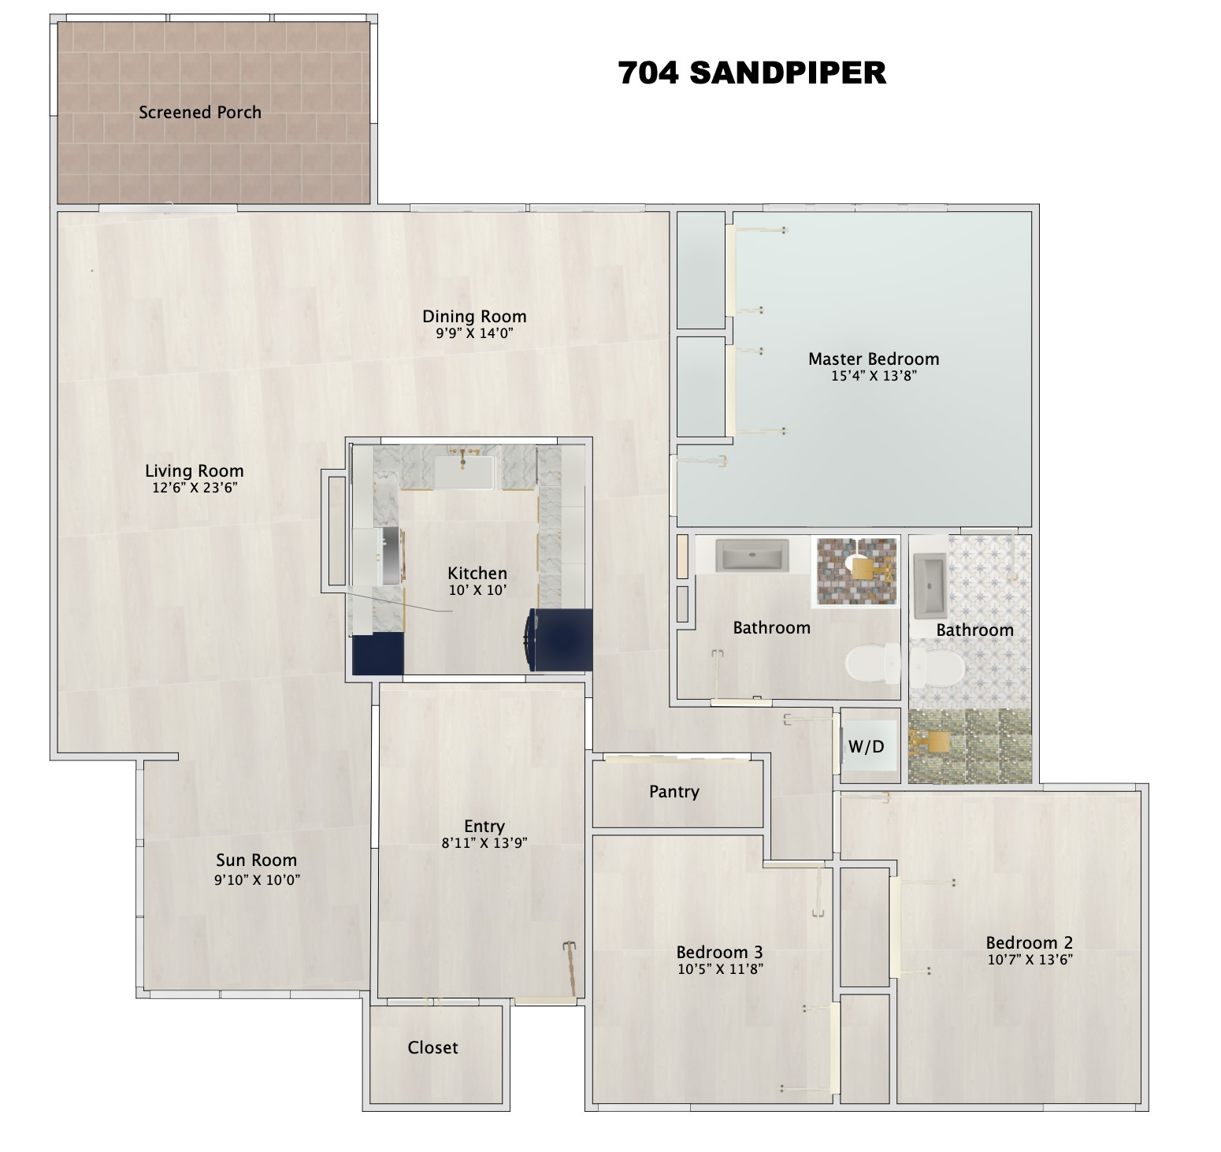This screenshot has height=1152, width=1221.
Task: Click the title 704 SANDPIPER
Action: [x=752, y=73]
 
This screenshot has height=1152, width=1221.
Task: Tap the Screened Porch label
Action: [x=200, y=113]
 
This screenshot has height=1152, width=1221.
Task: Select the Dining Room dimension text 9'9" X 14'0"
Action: [x=474, y=333]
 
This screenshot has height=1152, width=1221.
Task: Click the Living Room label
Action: [x=195, y=471]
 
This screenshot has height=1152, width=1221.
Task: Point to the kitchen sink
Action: [x=465, y=473]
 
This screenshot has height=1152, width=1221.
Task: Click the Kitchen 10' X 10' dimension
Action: [x=477, y=590]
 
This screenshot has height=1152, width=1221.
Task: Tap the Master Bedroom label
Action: [x=874, y=359]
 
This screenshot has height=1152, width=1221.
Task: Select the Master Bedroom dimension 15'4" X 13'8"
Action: [x=874, y=376]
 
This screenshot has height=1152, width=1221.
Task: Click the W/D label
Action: [x=867, y=746]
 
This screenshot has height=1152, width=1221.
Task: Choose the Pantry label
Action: [x=674, y=792]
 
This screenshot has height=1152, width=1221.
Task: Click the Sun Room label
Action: [x=257, y=860]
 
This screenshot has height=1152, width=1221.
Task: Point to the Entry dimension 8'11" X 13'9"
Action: [x=484, y=842]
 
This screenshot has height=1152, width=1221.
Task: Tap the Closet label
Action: [x=432, y=1048]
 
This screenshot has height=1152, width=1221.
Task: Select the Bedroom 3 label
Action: [x=719, y=953]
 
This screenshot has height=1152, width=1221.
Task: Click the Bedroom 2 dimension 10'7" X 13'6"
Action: [x=1030, y=960]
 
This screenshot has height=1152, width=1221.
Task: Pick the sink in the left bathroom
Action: [x=752, y=556]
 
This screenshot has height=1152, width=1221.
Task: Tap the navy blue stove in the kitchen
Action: [x=560, y=640]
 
